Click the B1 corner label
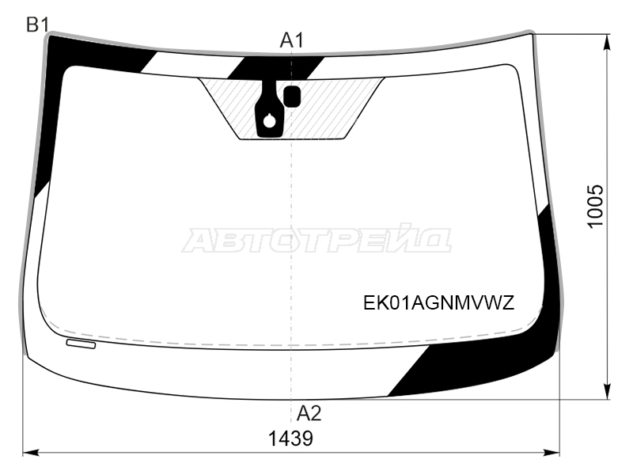37,25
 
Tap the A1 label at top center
291,40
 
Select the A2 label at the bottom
309,413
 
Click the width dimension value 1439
290,439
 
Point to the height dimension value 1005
595,207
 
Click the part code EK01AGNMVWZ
439,302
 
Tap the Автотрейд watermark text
316,240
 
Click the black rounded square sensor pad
292,96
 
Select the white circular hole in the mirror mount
269,120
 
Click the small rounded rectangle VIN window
81,344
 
